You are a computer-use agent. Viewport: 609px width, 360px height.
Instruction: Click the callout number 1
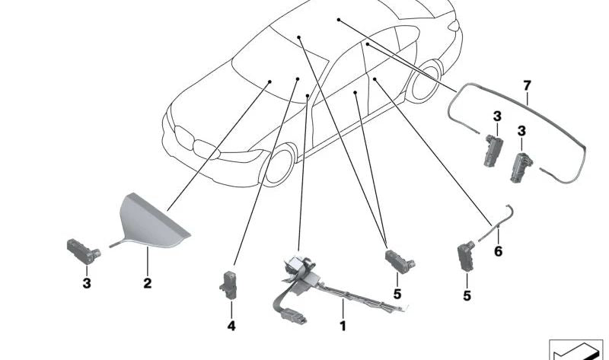tap(343, 326)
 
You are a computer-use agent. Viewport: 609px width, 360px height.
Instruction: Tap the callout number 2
tap(147, 283)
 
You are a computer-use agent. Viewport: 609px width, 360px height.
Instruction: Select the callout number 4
tap(231, 326)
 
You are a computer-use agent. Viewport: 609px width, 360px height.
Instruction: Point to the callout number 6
tap(499, 251)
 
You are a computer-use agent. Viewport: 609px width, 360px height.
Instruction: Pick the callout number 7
tap(527, 85)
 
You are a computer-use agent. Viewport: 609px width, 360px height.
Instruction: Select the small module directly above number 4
tap(229, 285)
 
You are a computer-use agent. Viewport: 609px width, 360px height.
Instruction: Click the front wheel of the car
tap(279, 165)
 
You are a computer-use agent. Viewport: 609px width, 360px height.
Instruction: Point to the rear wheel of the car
tap(425, 82)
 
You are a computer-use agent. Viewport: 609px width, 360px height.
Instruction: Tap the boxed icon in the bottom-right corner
tap(576, 349)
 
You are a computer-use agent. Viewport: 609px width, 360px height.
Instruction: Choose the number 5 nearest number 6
tap(467, 296)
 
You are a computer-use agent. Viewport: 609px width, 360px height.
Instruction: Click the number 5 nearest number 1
tap(397, 294)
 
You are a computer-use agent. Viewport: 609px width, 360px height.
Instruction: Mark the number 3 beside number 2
tap(87, 283)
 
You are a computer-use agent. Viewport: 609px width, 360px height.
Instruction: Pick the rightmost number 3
tap(521, 131)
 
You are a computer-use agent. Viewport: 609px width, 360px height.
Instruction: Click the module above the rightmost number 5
tap(465, 256)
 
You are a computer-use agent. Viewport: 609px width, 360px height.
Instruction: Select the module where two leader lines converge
tap(400, 262)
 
